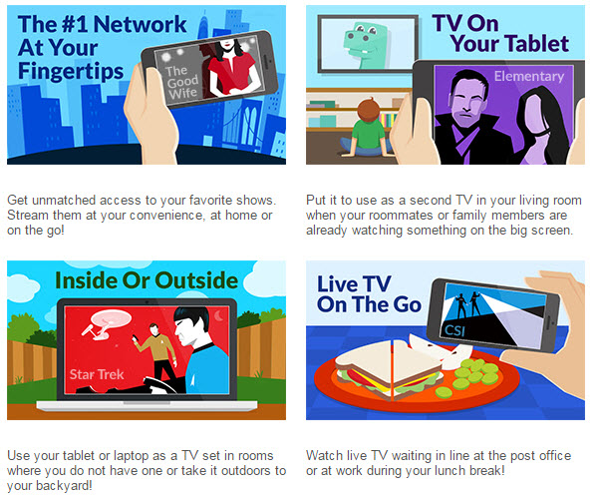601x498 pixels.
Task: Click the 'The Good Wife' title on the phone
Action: pos(182,83)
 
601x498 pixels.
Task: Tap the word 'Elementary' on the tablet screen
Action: pos(529,77)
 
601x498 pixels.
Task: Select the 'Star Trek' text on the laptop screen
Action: pos(97,374)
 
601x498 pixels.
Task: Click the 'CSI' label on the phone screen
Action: pos(454,330)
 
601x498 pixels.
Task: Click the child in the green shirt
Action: pos(367,129)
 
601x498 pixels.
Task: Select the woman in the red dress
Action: pos(231,68)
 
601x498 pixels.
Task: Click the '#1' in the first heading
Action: pos(75,25)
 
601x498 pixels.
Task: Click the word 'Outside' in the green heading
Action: pos(196,280)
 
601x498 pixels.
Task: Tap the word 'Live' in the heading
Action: pos(338,283)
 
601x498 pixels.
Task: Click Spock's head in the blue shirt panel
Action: pos(190,327)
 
